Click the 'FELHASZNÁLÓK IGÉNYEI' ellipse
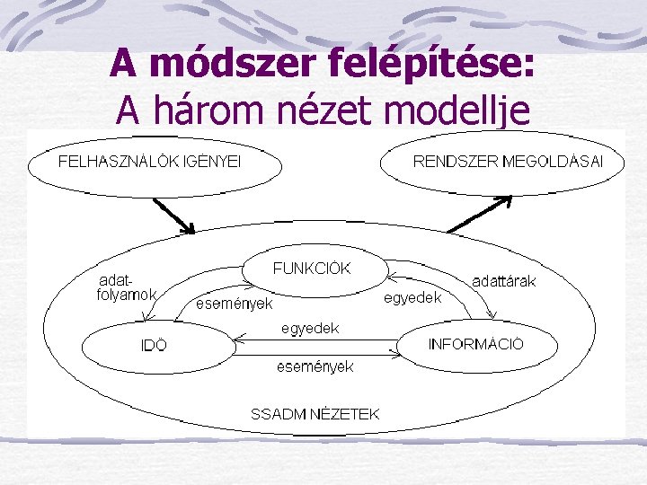[x=154, y=163]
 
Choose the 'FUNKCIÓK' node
[x=312, y=269]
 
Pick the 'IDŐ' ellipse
[x=154, y=344]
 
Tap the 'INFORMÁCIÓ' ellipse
[x=475, y=344]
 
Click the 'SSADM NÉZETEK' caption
[x=315, y=414]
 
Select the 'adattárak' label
[x=504, y=281]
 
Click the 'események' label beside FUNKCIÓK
[x=235, y=304]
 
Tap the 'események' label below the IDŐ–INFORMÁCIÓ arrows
[x=315, y=366]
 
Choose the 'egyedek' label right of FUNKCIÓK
[x=412, y=298]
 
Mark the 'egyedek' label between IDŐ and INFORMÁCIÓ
[x=310, y=329]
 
